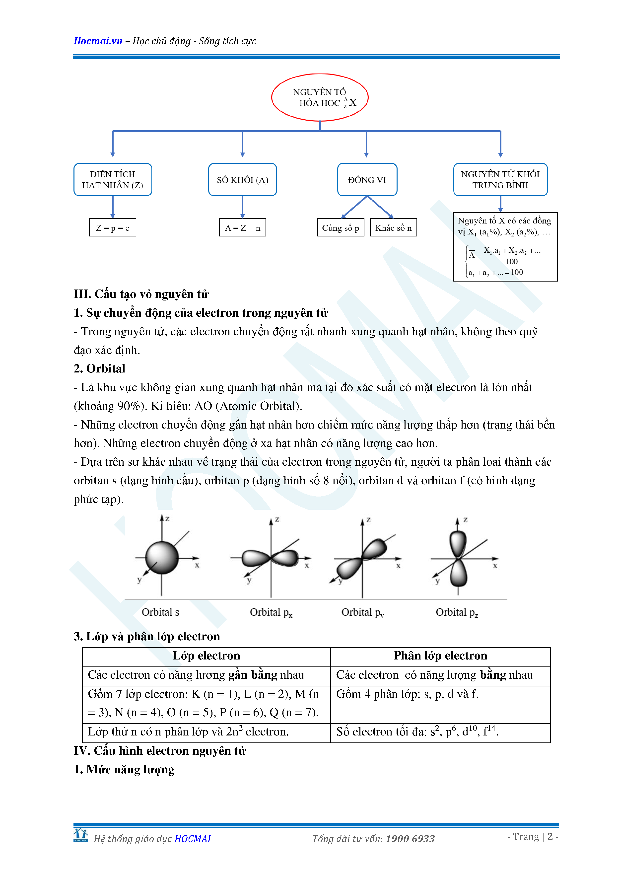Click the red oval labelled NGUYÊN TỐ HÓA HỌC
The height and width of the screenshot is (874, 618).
click(x=320, y=97)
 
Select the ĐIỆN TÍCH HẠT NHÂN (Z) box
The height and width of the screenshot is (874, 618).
click(x=113, y=180)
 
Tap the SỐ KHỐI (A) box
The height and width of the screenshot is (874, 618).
click(x=242, y=180)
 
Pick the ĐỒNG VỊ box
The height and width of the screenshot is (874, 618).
click(x=367, y=180)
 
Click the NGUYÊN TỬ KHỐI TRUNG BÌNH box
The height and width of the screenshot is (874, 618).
click(x=500, y=180)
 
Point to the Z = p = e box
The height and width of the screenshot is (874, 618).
click(x=113, y=228)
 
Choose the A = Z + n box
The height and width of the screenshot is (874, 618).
click(x=242, y=228)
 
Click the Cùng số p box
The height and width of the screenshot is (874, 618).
click(x=341, y=228)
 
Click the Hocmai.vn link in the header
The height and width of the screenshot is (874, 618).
click(x=98, y=41)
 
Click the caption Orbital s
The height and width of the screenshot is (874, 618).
click(x=160, y=612)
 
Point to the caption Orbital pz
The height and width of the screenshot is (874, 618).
click(x=457, y=612)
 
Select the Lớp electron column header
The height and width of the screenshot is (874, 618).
click(x=206, y=655)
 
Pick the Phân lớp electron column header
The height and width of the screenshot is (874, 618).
click(x=440, y=655)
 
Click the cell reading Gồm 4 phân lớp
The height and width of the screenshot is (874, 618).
click(x=407, y=694)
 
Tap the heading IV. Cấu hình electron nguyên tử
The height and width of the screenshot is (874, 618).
click(x=160, y=751)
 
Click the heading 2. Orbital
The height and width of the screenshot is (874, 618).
click(x=100, y=368)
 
